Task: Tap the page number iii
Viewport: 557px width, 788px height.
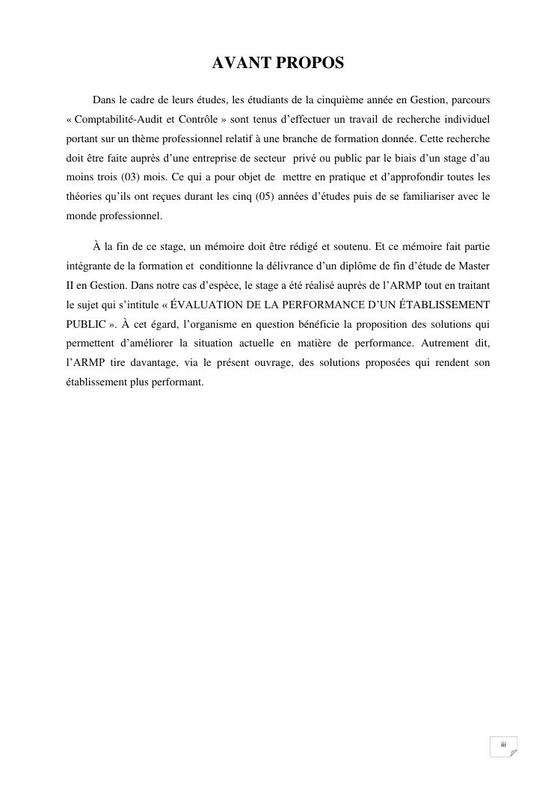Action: point(503,744)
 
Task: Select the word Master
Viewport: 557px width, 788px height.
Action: point(474,265)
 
